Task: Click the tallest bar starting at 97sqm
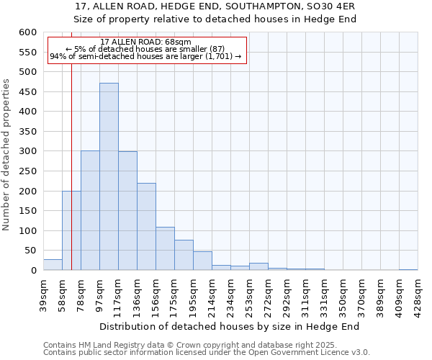pos(109,176)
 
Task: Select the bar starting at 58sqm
pos(71,230)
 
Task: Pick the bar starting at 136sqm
pos(146,227)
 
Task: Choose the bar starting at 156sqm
pos(165,248)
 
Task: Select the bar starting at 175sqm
pos(184,255)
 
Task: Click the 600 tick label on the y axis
pos(27,32)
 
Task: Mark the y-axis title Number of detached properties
pos(7,156)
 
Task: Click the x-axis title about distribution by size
pos(229,326)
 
